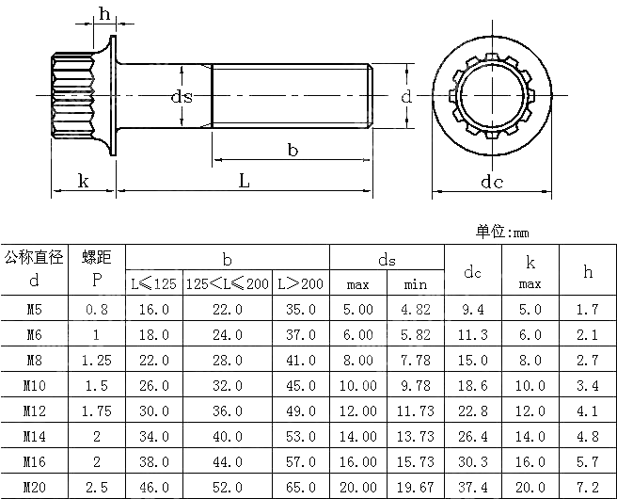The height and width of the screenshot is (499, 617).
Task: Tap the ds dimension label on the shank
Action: (182, 97)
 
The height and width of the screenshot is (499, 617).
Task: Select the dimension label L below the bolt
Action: (244, 181)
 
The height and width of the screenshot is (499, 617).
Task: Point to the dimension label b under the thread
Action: (293, 150)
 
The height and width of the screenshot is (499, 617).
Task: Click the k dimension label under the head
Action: (83, 181)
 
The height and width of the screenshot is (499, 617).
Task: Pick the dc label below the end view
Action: (492, 182)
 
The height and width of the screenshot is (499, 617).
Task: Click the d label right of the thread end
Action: (405, 97)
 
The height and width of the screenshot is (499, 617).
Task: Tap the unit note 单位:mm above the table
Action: (503, 232)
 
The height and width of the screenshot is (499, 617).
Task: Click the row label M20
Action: (34, 487)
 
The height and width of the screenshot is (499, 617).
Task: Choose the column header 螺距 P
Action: (96, 268)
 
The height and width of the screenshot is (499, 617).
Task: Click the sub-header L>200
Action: (300, 283)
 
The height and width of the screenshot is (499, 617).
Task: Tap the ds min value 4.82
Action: (415, 309)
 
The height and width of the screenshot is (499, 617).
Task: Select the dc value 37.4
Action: (472, 487)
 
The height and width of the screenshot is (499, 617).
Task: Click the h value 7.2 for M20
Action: (588, 487)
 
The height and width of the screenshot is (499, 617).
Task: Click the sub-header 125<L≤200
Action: (227, 283)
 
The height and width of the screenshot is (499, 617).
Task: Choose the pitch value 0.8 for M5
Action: (96, 309)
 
